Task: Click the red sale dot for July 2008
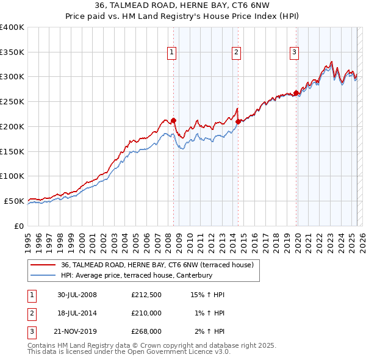(x=173, y=120)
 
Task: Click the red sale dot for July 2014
(x=238, y=121)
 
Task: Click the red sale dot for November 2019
(x=296, y=93)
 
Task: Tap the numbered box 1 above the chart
(x=171, y=53)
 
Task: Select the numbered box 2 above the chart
(x=235, y=53)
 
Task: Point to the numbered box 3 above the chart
(x=294, y=53)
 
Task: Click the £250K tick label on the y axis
(x=12, y=102)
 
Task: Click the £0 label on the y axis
(x=19, y=226)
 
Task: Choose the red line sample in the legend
(x=43, y=265)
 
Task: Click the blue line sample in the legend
(x=43, y=275)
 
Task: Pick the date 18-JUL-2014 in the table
(x=77, y=314)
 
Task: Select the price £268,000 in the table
(x=146, y=332)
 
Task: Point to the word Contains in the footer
(x=43, y=345)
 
